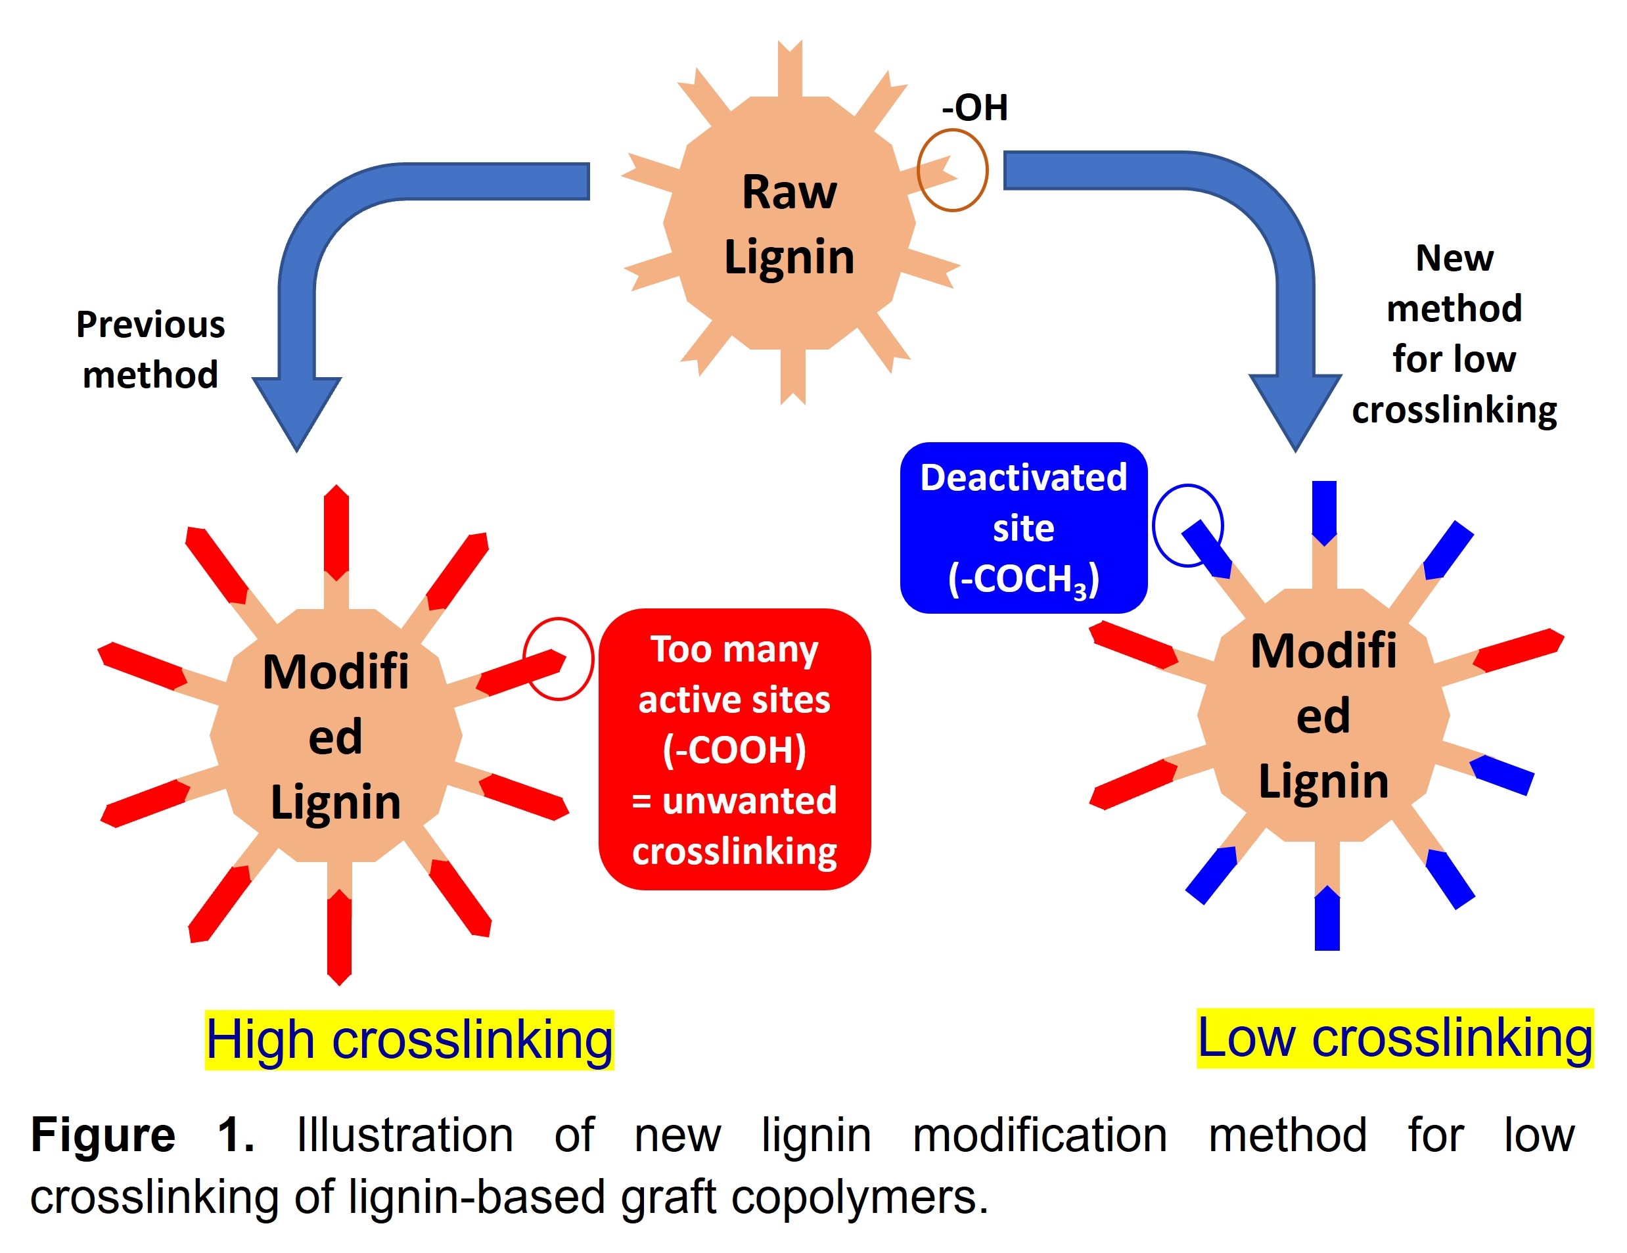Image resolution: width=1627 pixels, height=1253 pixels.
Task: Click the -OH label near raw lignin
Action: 974,108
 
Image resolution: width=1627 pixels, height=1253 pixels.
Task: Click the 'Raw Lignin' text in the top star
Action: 789,223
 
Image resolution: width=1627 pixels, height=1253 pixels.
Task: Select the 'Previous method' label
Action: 150,350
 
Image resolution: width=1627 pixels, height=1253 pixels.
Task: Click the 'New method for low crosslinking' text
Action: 1454,334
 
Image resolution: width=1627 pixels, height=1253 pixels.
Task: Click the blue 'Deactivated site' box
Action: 1023,528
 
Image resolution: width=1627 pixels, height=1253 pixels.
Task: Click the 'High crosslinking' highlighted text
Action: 409,1040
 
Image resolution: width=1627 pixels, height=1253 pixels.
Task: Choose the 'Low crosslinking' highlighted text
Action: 1394,1037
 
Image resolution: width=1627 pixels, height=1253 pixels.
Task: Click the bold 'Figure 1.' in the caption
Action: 141,1135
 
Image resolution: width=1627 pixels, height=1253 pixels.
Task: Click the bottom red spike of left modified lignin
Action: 339,936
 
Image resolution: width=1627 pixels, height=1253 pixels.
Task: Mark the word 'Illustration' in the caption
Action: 405,1135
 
